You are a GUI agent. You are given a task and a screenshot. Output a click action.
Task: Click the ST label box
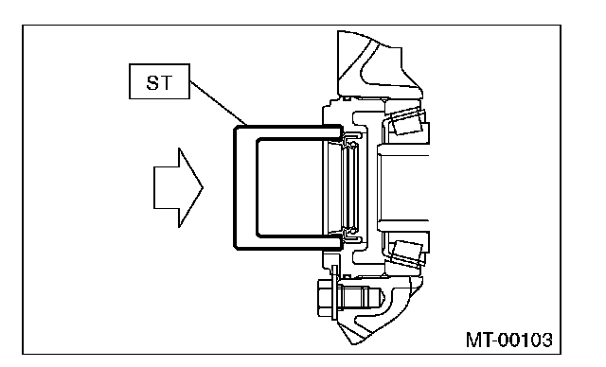[159, 81]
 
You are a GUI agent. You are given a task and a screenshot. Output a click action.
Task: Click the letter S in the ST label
[152, 82]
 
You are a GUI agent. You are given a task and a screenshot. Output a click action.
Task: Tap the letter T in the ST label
[166, 82]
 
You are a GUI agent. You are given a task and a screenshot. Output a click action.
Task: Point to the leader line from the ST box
[219, 103]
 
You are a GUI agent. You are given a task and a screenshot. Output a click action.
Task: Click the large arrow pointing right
[178, 188]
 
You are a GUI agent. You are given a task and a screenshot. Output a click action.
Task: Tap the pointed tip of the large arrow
[203, 188]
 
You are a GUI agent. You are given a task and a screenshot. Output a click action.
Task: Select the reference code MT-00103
[509, 340]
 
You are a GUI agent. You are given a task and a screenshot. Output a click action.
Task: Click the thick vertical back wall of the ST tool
[245, 187]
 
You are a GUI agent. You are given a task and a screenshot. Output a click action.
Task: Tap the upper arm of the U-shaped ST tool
[288, 132]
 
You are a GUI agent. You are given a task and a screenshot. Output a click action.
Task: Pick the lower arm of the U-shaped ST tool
[288, 242]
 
